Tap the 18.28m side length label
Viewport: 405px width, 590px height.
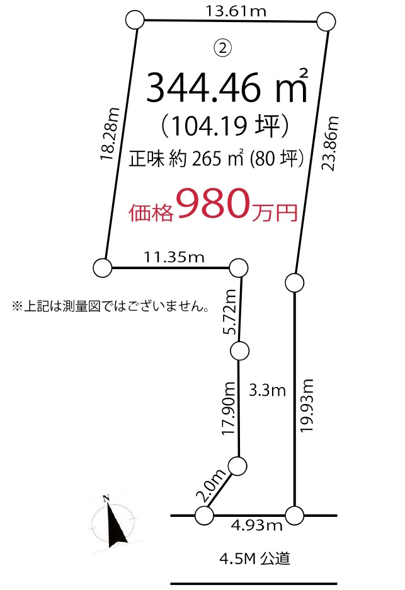(x=110, y=134)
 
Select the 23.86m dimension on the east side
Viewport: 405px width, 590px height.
(x=330, y=143)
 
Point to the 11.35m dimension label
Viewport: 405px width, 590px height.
(x=174, y=257)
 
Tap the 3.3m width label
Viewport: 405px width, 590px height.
(x=268, y=391)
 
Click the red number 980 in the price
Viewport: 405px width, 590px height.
(x=214, y=203)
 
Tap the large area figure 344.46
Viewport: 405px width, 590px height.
(x=203, y=88)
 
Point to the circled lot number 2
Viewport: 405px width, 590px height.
(x=223, y=47)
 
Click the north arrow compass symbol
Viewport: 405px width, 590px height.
(x=113, y=519)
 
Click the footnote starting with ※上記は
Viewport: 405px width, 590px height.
(x=110, y=307)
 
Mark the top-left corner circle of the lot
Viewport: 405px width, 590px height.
(x=135, y=20)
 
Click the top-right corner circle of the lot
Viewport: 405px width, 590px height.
(x=325, y=22)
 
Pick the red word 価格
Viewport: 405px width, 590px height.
(x=151, y=212)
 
